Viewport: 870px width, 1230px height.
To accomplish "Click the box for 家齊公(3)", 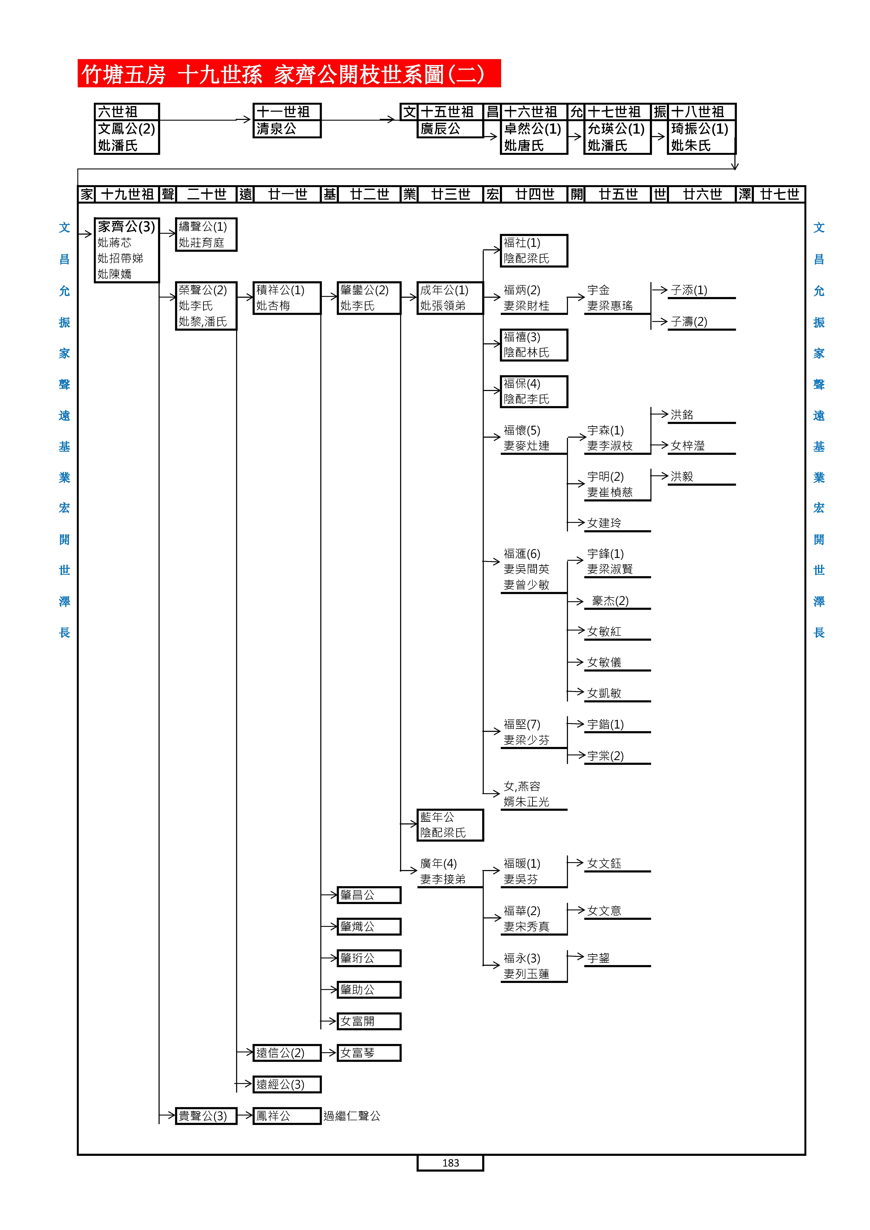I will (126, 250).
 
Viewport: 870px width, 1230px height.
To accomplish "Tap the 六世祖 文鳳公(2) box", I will (126, 129).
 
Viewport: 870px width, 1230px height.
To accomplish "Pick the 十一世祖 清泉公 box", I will (287, 120).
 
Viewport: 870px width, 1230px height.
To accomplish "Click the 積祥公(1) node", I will (287, 298).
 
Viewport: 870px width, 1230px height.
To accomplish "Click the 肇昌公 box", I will (369, 895).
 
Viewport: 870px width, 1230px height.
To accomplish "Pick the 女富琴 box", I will (369, 1053).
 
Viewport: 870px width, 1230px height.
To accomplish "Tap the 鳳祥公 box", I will (287, 1116).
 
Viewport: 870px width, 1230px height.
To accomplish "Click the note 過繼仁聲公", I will (352, 1116).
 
